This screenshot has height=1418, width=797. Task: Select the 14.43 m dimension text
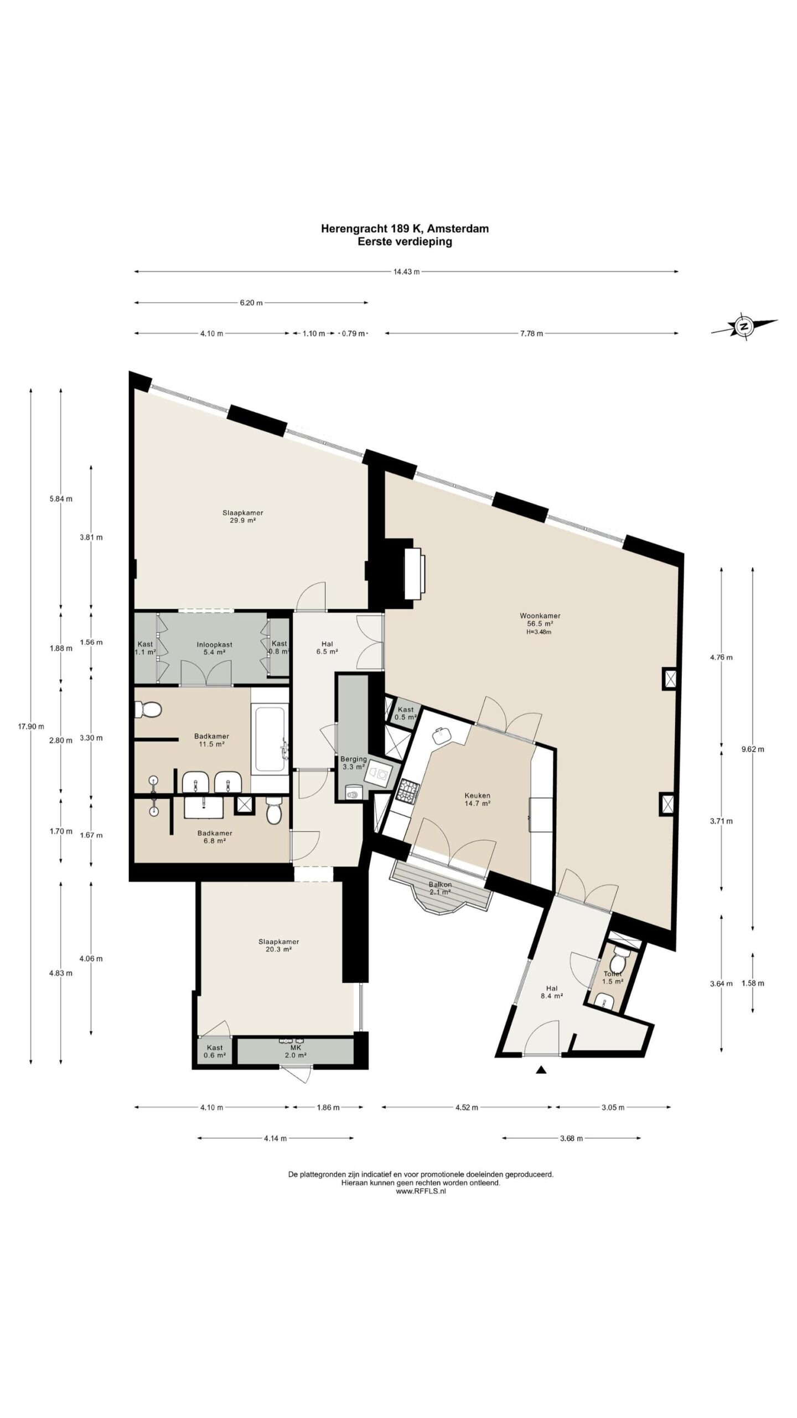pyautogui.click(x=406, y=271)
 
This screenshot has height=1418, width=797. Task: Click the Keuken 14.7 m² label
pyautogui.click(x=477, y=799)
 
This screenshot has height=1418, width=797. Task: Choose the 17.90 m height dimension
pyautogui.click(x=30, y=726)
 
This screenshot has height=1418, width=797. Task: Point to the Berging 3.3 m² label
pyautogui.click(x=354, y=763)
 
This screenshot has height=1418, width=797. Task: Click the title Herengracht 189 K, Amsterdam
pyautogui.click(x=405, y=228)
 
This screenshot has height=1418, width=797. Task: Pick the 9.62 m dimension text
pyautogui.click(x=753, y=749)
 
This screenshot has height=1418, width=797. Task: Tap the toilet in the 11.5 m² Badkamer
pyautogui.click(x=148, y=708)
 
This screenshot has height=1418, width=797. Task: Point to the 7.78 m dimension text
pyautogui.click(x=531, y=333)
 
